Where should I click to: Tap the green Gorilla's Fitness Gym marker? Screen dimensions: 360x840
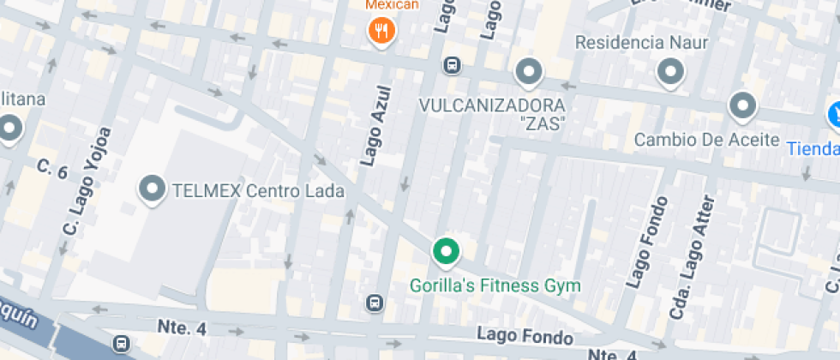click(x=445, y=251)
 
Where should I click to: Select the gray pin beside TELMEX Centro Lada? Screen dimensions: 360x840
click(x=153, y=189)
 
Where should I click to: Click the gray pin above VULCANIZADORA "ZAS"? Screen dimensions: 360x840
click(x=529, y=71)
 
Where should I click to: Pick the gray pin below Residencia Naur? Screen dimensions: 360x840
click(x=671, y=71)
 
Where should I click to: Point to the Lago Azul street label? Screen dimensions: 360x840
click(x=376, y=125)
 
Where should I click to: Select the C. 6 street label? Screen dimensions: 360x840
click(x=51, y=169)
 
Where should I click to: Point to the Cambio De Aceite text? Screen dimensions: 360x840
click(x=706, y=140)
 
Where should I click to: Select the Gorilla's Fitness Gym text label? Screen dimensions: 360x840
click(x=495, y=285)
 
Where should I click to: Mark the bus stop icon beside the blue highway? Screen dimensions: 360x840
click(x=122, y=343)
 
